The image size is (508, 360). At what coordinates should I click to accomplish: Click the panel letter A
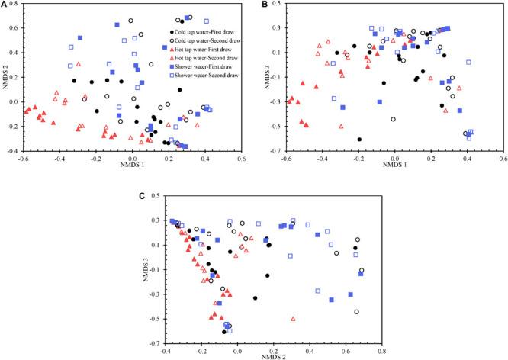click(x=5, y=5)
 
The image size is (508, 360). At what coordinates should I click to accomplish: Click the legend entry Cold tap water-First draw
click(x=202, y=30)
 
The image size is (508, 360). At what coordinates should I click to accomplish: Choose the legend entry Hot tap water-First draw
click(x=201, y=48)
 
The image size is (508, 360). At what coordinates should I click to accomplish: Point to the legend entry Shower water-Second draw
click(x=203, y=76)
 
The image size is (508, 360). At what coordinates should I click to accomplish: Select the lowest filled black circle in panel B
click(x=359, y=139)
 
